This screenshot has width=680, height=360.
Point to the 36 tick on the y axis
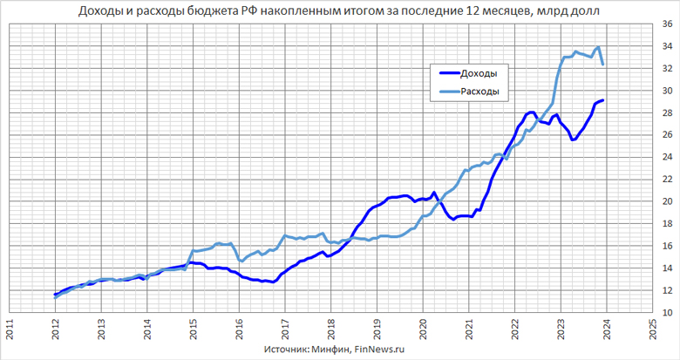point(667,24)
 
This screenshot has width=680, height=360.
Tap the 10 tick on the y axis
point(667,311)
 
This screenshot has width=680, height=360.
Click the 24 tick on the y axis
point(667,157)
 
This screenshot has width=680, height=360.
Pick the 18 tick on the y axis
point(667,223)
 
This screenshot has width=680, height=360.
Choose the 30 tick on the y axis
point(667,91)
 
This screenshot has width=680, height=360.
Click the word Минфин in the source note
point(330,350)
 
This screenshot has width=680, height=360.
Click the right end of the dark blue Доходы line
point(603,101)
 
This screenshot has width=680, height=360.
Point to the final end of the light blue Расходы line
point(603,65)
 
